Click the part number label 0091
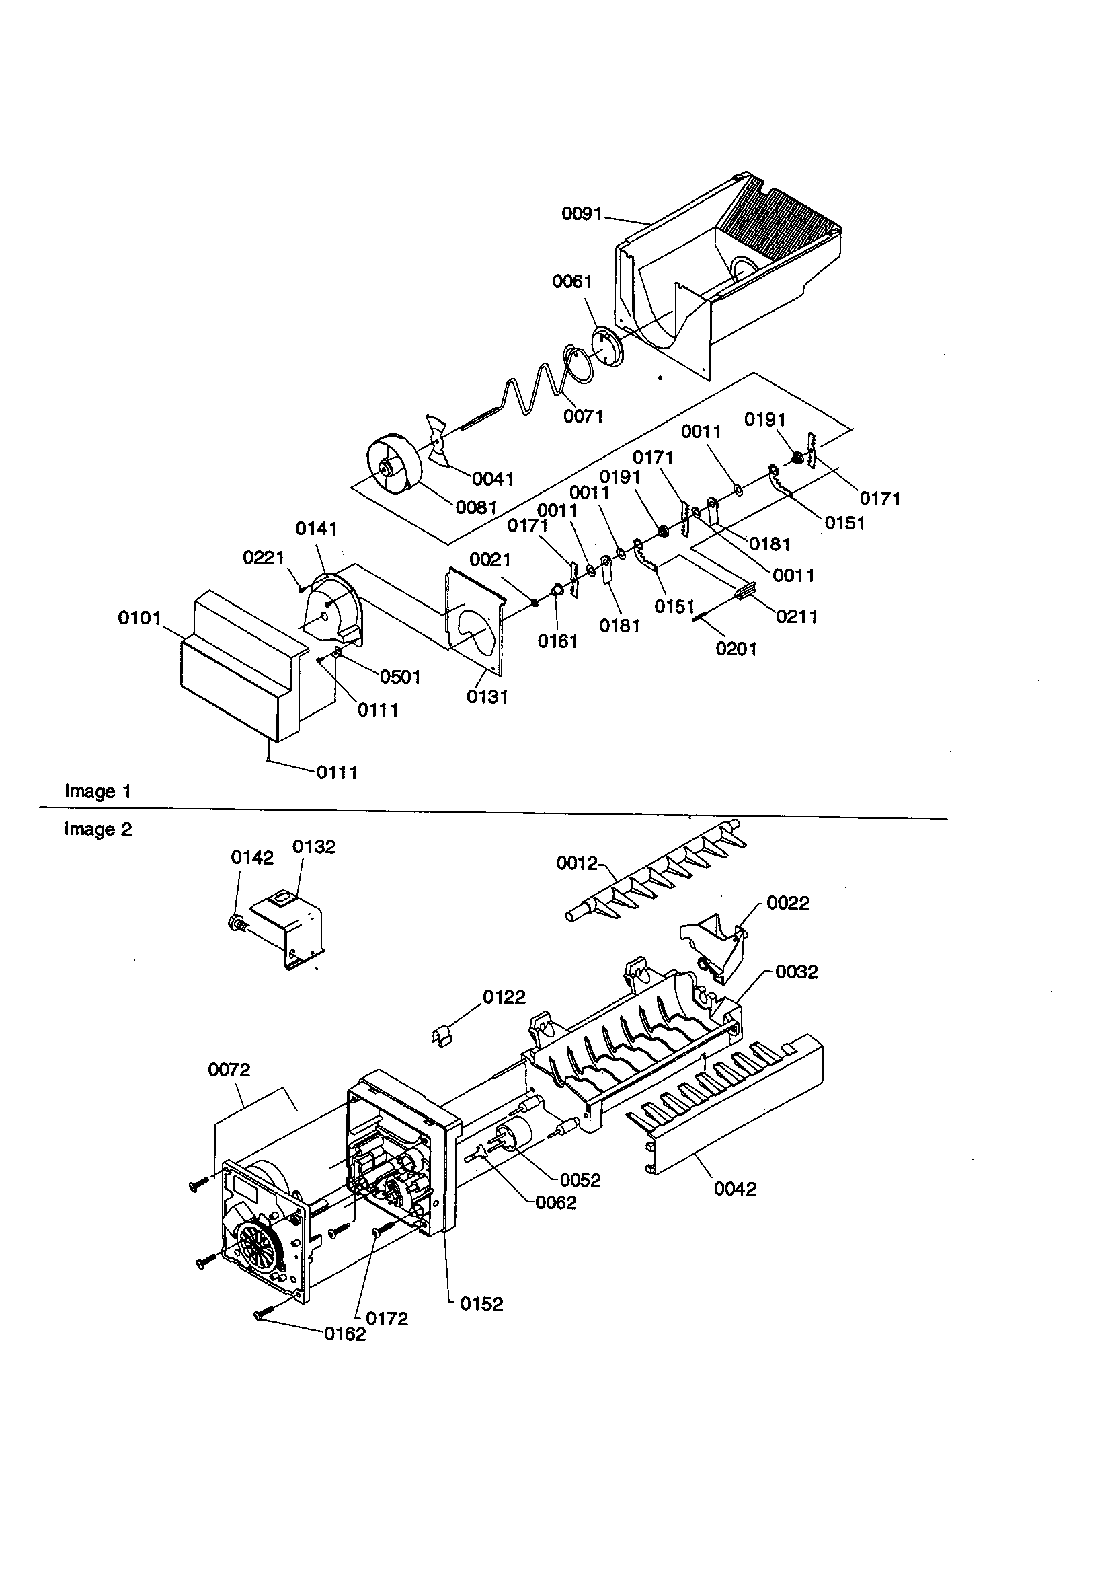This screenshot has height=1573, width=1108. click(582, 214)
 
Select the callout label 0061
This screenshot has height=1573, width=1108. click(571, 281)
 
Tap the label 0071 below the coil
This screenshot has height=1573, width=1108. click(583, 416)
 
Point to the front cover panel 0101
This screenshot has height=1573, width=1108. click(233, 678)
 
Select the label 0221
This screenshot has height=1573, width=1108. click(263, 558)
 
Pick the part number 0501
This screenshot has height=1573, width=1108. click(400, 677)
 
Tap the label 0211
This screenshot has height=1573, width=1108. click(797, 616)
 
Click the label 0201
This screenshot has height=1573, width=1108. click(736, 648)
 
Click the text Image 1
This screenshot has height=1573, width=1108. click(97, 791)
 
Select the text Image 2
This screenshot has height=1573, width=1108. click(97, 830)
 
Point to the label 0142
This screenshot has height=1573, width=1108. click(252, 858)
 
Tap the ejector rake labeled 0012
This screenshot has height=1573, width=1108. click(658, 877)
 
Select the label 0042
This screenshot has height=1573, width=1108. click(735, 1189)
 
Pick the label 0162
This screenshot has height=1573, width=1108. click(344, 1334)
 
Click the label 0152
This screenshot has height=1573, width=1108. click(481, 1304)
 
